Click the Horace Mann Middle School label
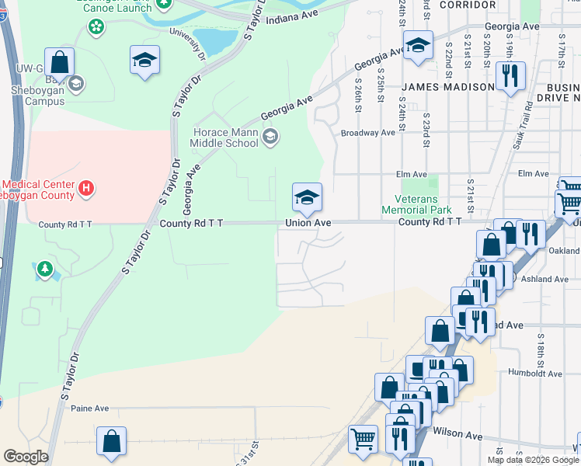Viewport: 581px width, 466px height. click(225, 137)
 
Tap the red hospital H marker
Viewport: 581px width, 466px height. click(88, 187)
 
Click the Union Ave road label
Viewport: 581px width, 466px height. click(308, 223)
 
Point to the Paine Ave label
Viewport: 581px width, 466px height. click(90, 408)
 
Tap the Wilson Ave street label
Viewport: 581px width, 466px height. click(453, 433)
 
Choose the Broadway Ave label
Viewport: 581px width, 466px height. click(368, 133)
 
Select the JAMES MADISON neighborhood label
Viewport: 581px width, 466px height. click(448, 87)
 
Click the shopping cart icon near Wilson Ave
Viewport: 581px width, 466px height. click(363, 440)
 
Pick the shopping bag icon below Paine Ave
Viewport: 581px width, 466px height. click(112, 441)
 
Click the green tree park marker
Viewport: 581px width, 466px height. click(46, 270)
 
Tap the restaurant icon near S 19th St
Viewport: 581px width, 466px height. click(510, 76)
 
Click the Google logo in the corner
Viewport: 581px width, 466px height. click(26, 457)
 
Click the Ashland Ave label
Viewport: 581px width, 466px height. click(550, 279)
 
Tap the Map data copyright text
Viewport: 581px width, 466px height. click(533, 460)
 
